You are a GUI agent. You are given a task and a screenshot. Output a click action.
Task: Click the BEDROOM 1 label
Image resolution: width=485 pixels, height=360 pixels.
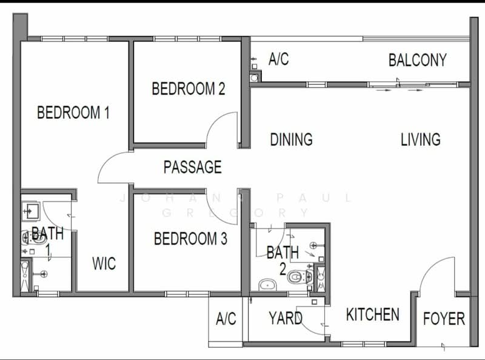point(73,113)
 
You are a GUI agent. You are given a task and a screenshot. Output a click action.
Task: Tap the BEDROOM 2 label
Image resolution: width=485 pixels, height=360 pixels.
point(188,89)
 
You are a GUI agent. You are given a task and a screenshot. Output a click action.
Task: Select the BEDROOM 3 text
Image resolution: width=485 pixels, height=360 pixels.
point(190,239)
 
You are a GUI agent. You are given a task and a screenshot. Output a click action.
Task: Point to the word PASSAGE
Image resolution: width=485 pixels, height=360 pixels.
point(192,167)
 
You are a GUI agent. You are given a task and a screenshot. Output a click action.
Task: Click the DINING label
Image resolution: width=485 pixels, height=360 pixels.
point(291,139)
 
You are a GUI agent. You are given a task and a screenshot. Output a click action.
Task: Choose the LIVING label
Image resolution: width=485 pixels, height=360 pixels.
point(420,139)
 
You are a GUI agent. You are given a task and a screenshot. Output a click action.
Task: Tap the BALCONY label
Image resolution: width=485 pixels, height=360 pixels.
point(417,61)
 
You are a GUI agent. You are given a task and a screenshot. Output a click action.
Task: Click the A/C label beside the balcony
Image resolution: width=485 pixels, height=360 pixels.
point(278,59)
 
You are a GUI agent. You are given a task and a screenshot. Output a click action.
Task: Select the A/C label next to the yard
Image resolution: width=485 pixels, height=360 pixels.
point(226,319)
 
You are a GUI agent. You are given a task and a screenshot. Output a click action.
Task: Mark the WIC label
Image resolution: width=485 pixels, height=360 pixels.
point(104,264)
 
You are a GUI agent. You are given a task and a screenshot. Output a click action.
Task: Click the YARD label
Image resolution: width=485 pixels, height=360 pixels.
point(286,318)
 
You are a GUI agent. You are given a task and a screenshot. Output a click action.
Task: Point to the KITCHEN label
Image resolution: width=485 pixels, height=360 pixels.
point(372,315)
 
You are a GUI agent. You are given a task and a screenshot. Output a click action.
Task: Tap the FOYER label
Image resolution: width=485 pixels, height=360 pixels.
point(444,318)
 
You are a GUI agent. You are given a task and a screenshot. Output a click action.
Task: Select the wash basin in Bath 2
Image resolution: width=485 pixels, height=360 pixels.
point(266,284)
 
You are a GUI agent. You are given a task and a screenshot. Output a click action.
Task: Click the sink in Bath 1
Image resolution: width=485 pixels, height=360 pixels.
point(31,210)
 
